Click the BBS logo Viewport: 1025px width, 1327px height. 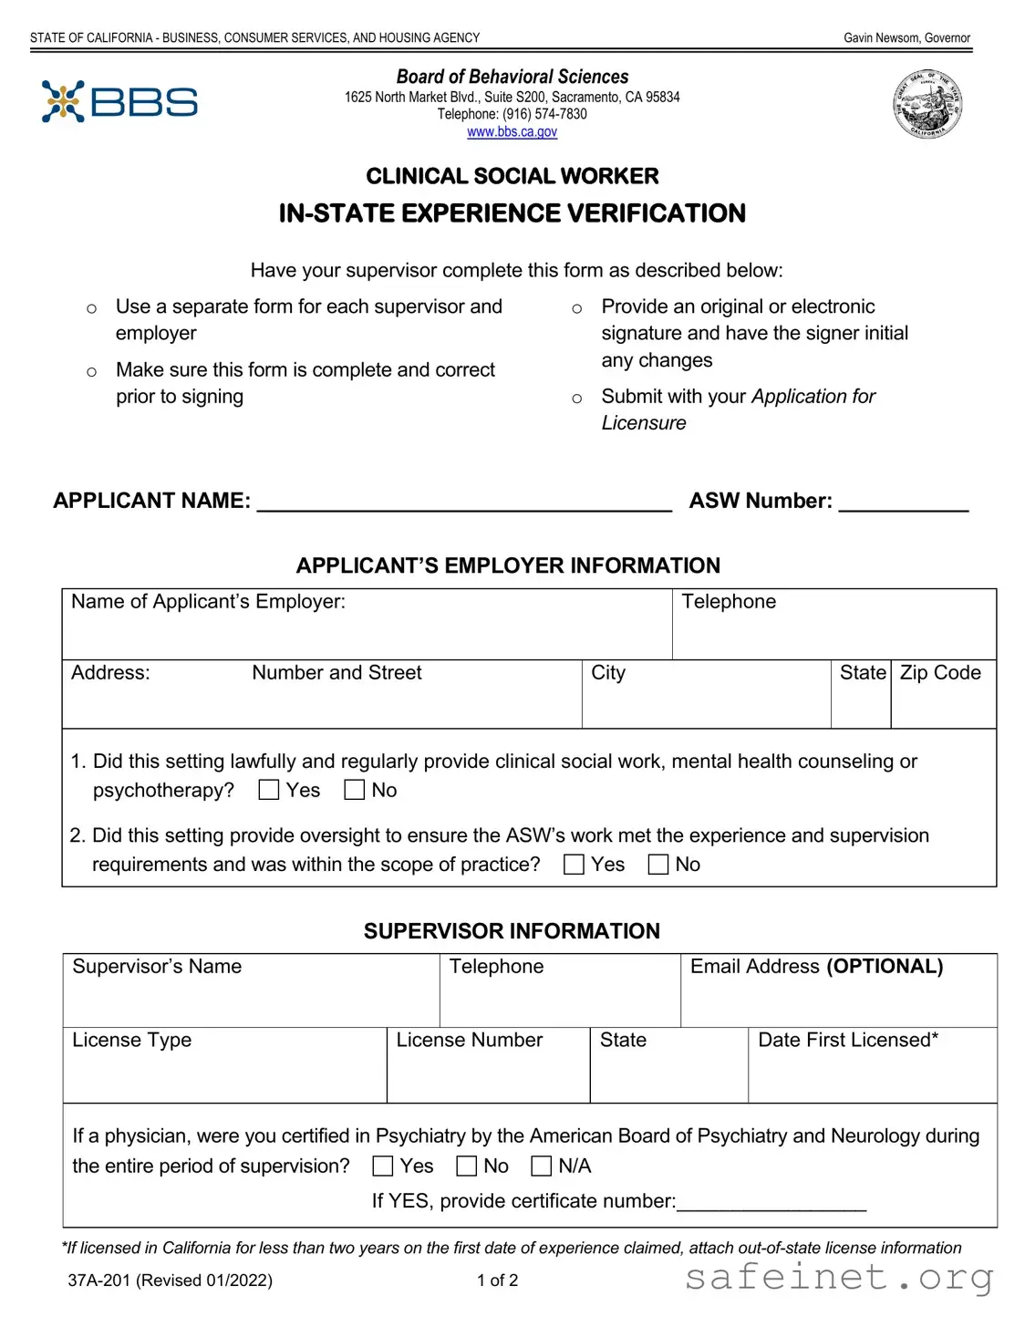[x=119, y=101]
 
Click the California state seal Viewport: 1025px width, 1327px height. [x=927, y=105]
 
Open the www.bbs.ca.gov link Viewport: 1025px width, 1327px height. [x=512, y=132]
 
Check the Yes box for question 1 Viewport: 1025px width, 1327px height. [x=269, y=790]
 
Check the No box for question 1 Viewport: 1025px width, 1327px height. [x=355, y=790]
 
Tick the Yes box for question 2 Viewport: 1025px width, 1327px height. [x=574, y=865]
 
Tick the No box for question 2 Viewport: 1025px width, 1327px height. [x=658, y=865]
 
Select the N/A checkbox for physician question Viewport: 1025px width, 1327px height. [x=542, y=1166]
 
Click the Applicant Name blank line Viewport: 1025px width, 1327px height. [x=464, y=503]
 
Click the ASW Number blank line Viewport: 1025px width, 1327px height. [x=903, y=503]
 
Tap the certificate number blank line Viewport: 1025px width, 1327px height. [x=771, y=1203]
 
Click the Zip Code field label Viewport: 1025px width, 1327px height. [x=940, y=673]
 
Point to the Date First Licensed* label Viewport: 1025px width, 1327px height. [x=848, y=1041]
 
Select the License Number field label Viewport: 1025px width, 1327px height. [x=469, y=1041]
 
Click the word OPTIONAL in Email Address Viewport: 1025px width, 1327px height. [x=885, y=967]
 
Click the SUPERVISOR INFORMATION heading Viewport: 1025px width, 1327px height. [x=512, y=931]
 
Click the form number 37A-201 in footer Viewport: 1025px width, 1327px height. [x=99, y=1280]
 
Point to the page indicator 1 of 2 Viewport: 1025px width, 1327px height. [x=497, y=1280]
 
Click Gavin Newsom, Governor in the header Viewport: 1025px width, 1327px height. [x=906, y=38]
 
